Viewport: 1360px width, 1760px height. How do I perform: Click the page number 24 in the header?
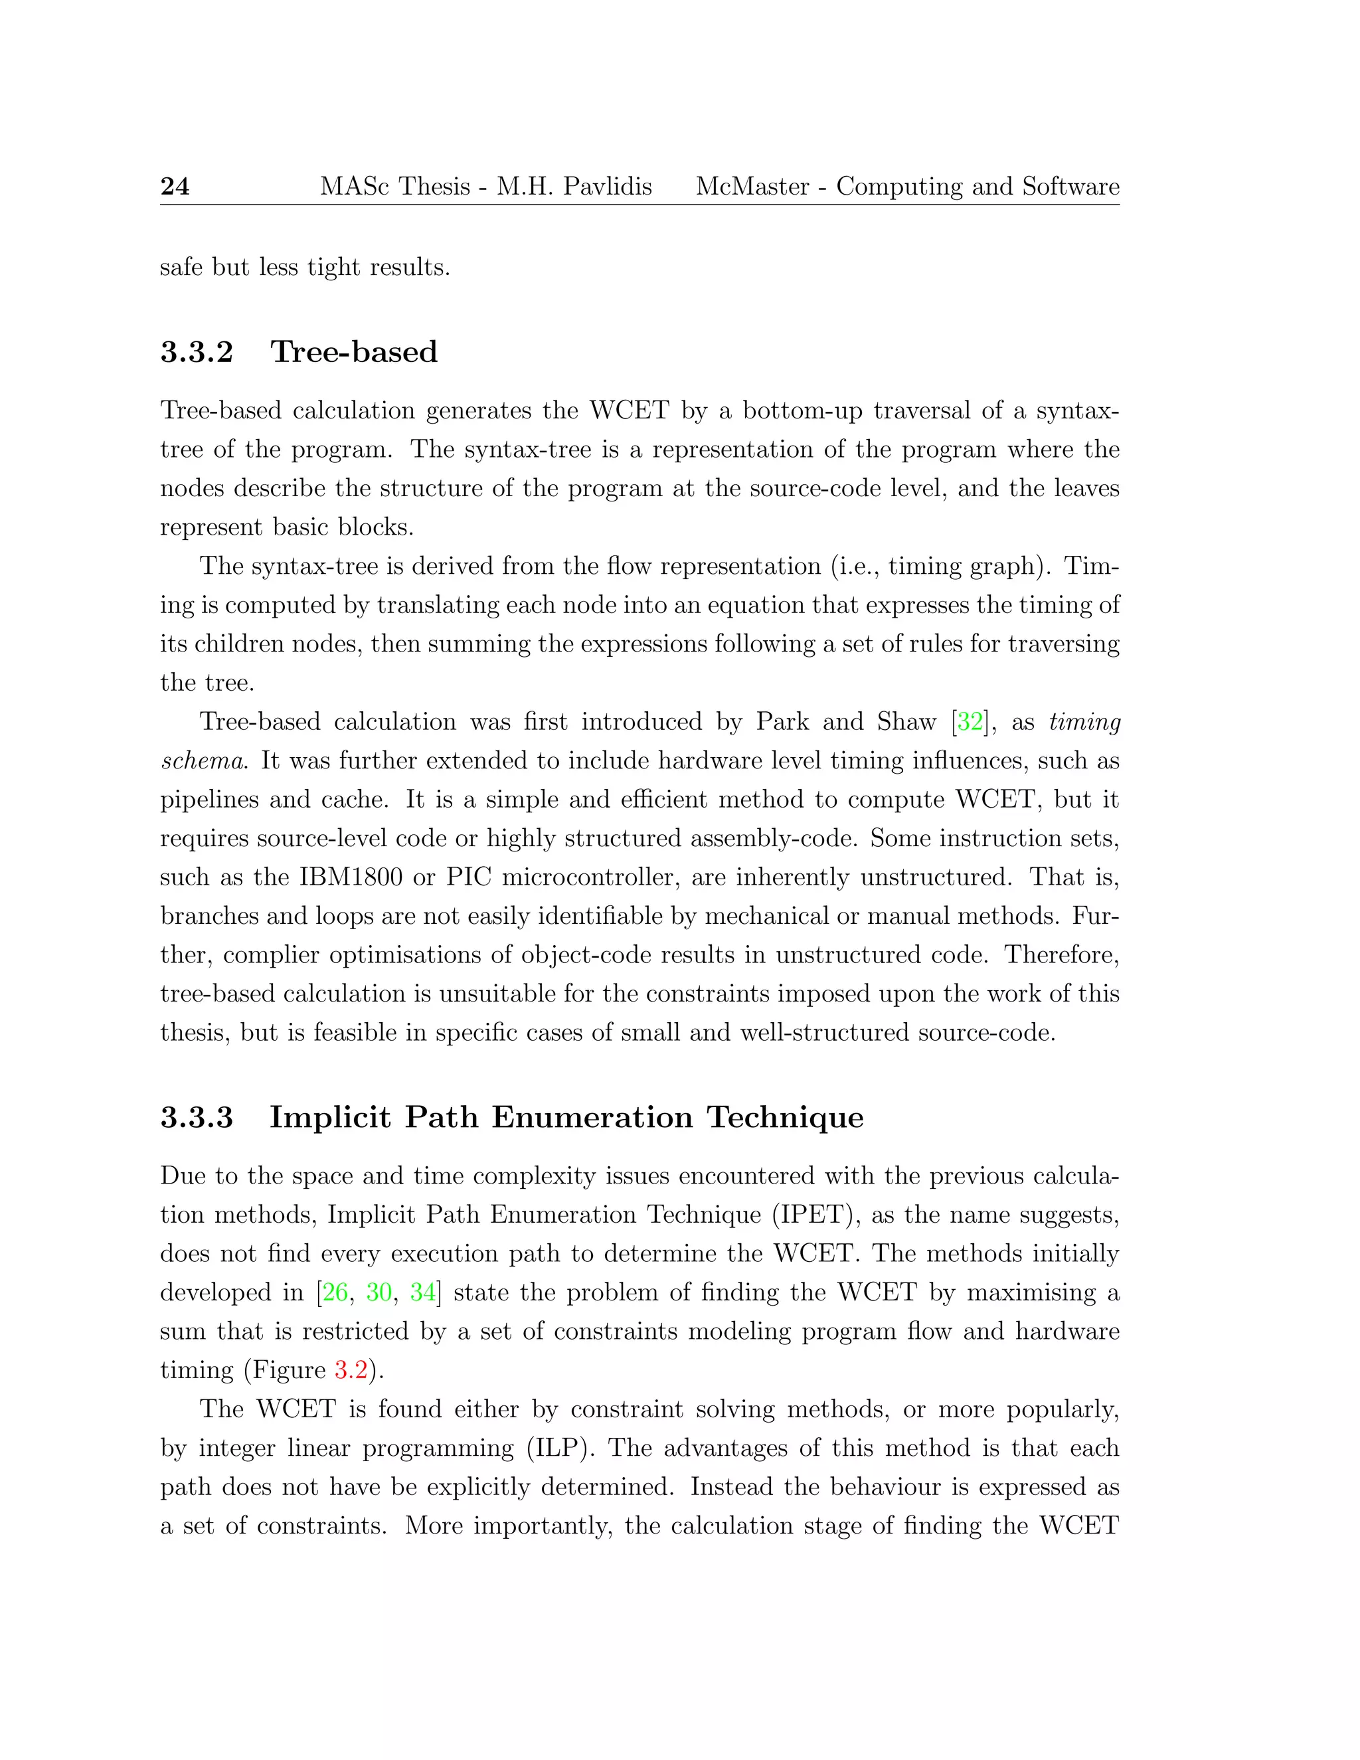pos(175,186)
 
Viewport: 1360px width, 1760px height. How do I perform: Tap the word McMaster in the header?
pos(752,186)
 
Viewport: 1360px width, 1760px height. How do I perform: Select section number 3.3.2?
pos(197,352)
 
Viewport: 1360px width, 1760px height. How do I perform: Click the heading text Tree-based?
pos(354,352)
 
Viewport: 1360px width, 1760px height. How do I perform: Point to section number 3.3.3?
pos(197,1118)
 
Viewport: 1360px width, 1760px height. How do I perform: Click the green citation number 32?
pos(970,721)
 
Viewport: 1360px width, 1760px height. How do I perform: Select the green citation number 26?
pos(335,1292)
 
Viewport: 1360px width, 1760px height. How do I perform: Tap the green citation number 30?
pos(379,1292)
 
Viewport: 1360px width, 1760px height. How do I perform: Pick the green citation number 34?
pos(422,1292)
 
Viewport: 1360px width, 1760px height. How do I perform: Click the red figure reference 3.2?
pos(351,1370)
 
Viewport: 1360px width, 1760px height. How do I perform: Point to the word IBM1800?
pos(351,877)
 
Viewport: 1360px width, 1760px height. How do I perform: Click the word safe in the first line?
pos(181,267)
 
